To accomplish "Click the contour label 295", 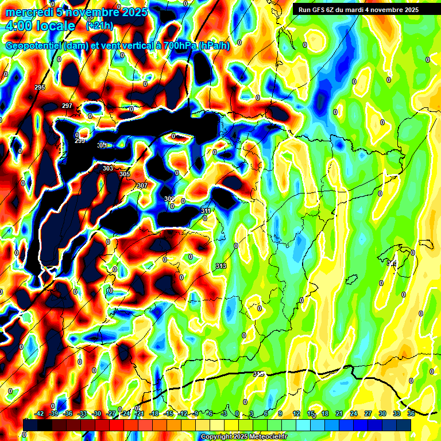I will click(x=40, y=87).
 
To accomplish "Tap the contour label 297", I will click(x=67, y=106).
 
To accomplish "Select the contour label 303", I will click(x=108, y=168).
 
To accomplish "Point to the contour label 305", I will click(x=125, y=174).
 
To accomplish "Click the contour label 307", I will click(x=142, y=185).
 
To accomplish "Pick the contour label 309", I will click(x=169, y=199).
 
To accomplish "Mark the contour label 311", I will click(x=206, y=211).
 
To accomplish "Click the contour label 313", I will click(x=220, y=266).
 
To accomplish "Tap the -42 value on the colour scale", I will click(x=39, y=413).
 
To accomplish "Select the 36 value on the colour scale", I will click(x=411, y=413).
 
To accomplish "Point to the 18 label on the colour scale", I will click(x=325, y=413).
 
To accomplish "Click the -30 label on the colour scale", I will click(x=96, y=413).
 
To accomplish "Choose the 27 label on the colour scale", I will click(x=368, y=413).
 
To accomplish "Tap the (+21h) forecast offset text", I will click(x=99, y=26).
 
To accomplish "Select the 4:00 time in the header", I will click(x=19, y=26).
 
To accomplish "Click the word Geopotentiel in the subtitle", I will click(x=34, y=46).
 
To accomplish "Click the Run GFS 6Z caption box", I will click(x=358, y=10).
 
